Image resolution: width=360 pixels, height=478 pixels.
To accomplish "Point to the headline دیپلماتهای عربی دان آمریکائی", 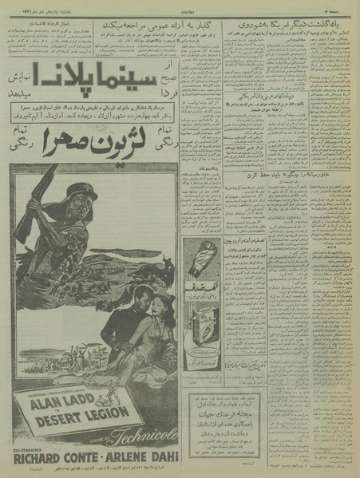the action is coord(251,109).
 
